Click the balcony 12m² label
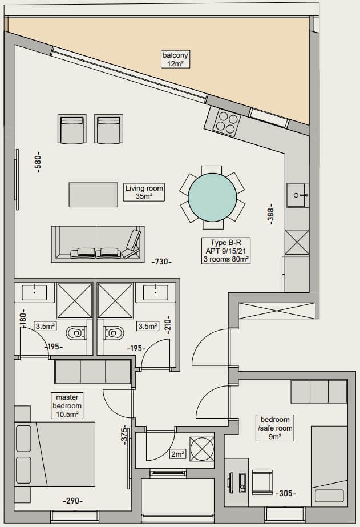tap(175, 59)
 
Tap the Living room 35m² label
tap(144, 192)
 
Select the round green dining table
tap(212, 198)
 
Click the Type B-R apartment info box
tap(226, 251)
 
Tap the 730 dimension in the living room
tap(162, 262)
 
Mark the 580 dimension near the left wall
tap(38, 162)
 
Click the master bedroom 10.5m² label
tap(67, 405)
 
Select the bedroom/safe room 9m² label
tap(275, 428)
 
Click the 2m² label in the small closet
tap(177, 454)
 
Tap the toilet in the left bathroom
tap(76, 333)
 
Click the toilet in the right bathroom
tap(114, 333)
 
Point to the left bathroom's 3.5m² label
tap(45, 326)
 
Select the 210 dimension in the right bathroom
tap(168, 324)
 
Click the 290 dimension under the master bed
tap(73, 501)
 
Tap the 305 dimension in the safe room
tap(286, 493)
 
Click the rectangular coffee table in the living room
tap(94, 195)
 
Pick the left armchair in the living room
tap(72, 129)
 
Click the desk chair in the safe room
tap(262, 482)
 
